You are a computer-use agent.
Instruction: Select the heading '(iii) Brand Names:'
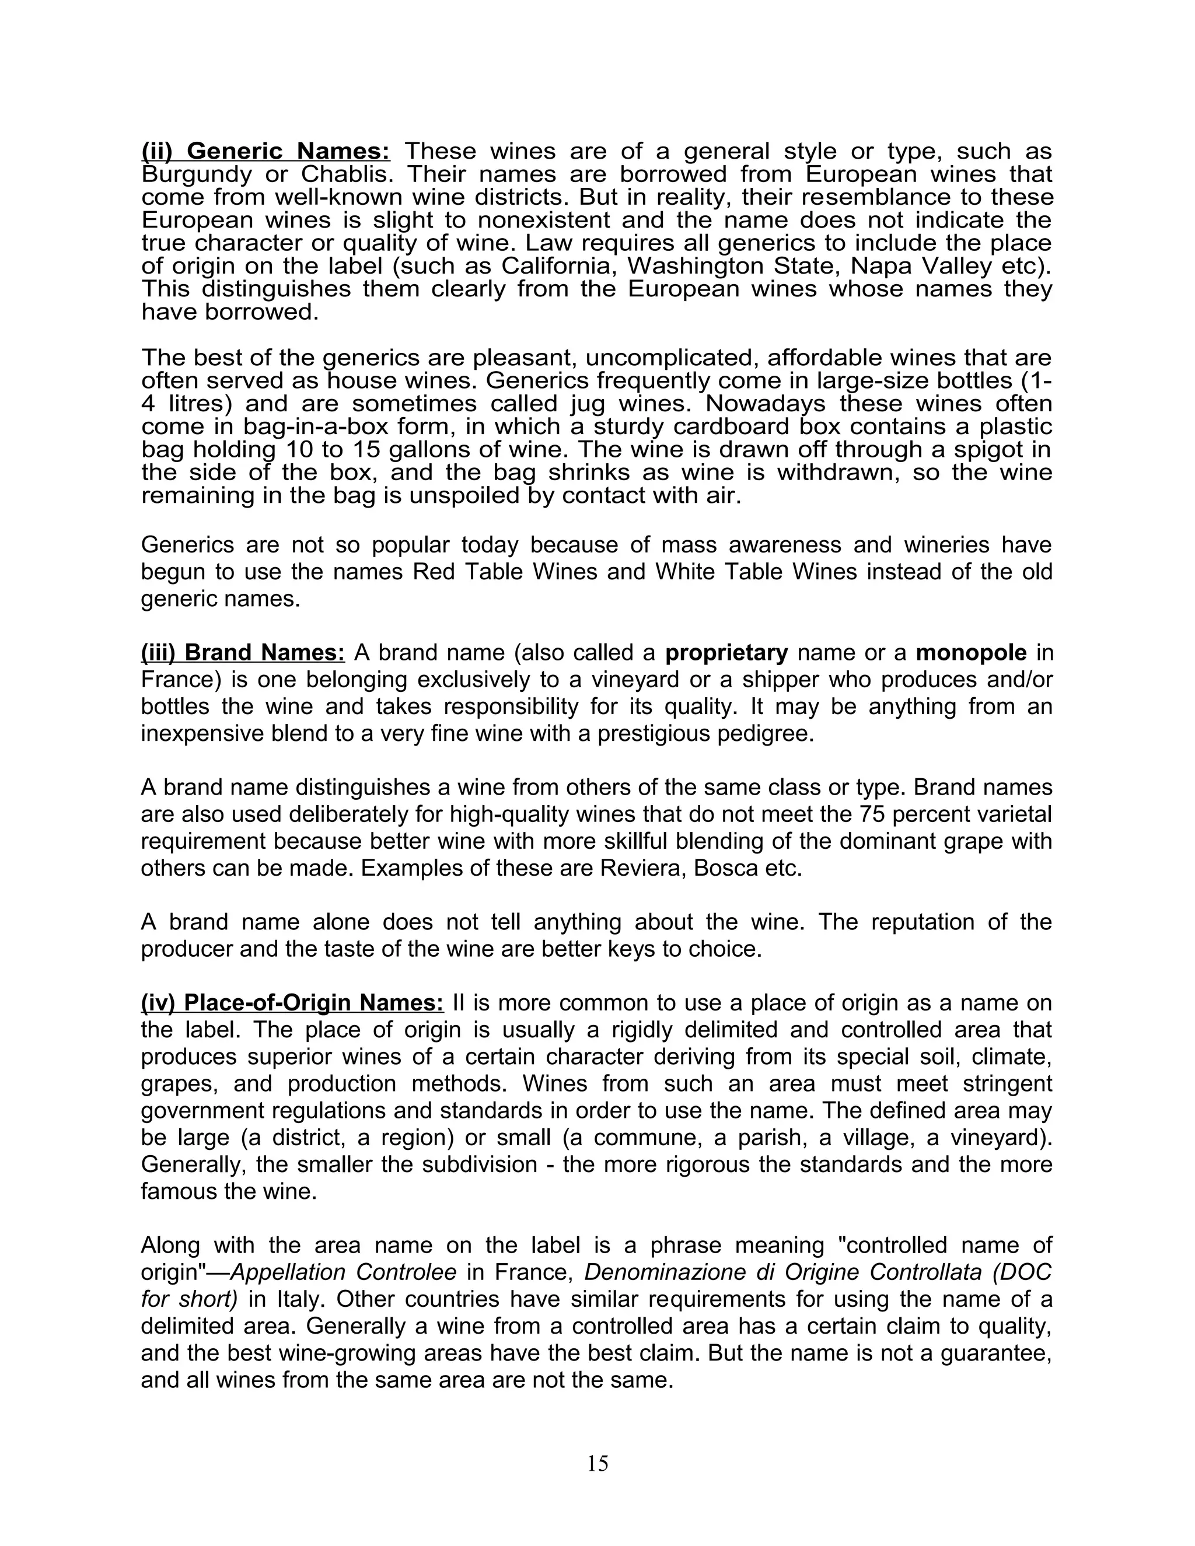coord(243,653)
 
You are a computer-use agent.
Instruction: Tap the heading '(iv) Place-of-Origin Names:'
coord(292,1003)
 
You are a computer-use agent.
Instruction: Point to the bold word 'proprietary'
coord(727,653)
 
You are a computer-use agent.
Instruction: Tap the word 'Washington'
coord(687,266)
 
